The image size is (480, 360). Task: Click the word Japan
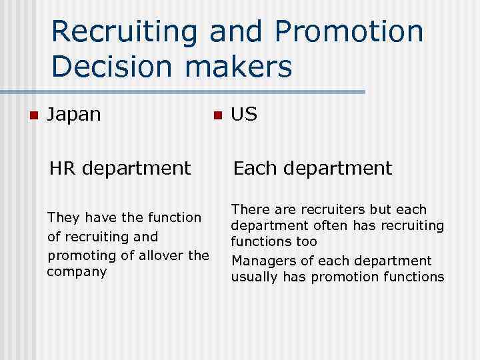tap(74, 115)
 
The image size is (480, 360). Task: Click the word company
tap(77, 273)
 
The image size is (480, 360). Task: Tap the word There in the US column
tap(250, 210)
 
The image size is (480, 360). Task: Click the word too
tap(307, 241)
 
